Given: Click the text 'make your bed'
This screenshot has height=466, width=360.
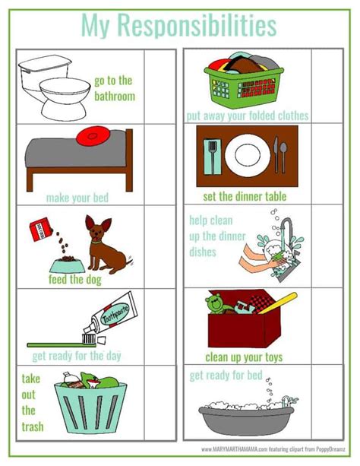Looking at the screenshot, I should pos(77,198).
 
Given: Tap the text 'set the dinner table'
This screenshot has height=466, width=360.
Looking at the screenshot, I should pos(245,197).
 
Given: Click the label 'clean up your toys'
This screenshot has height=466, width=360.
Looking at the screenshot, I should pos(244,356).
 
